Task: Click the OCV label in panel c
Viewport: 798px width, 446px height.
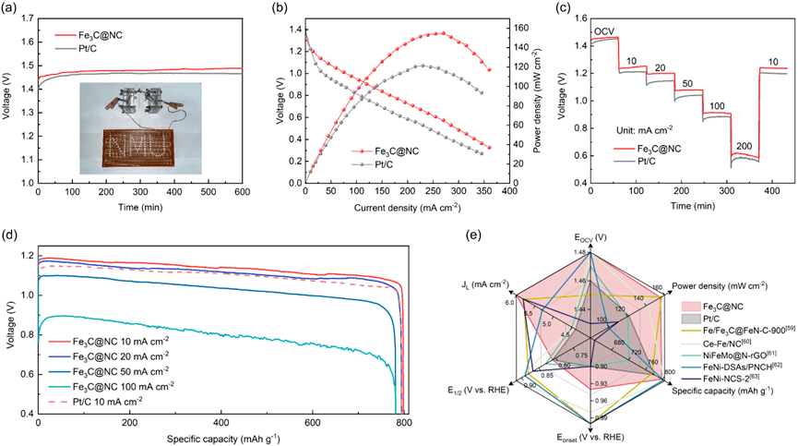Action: point(604,31)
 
